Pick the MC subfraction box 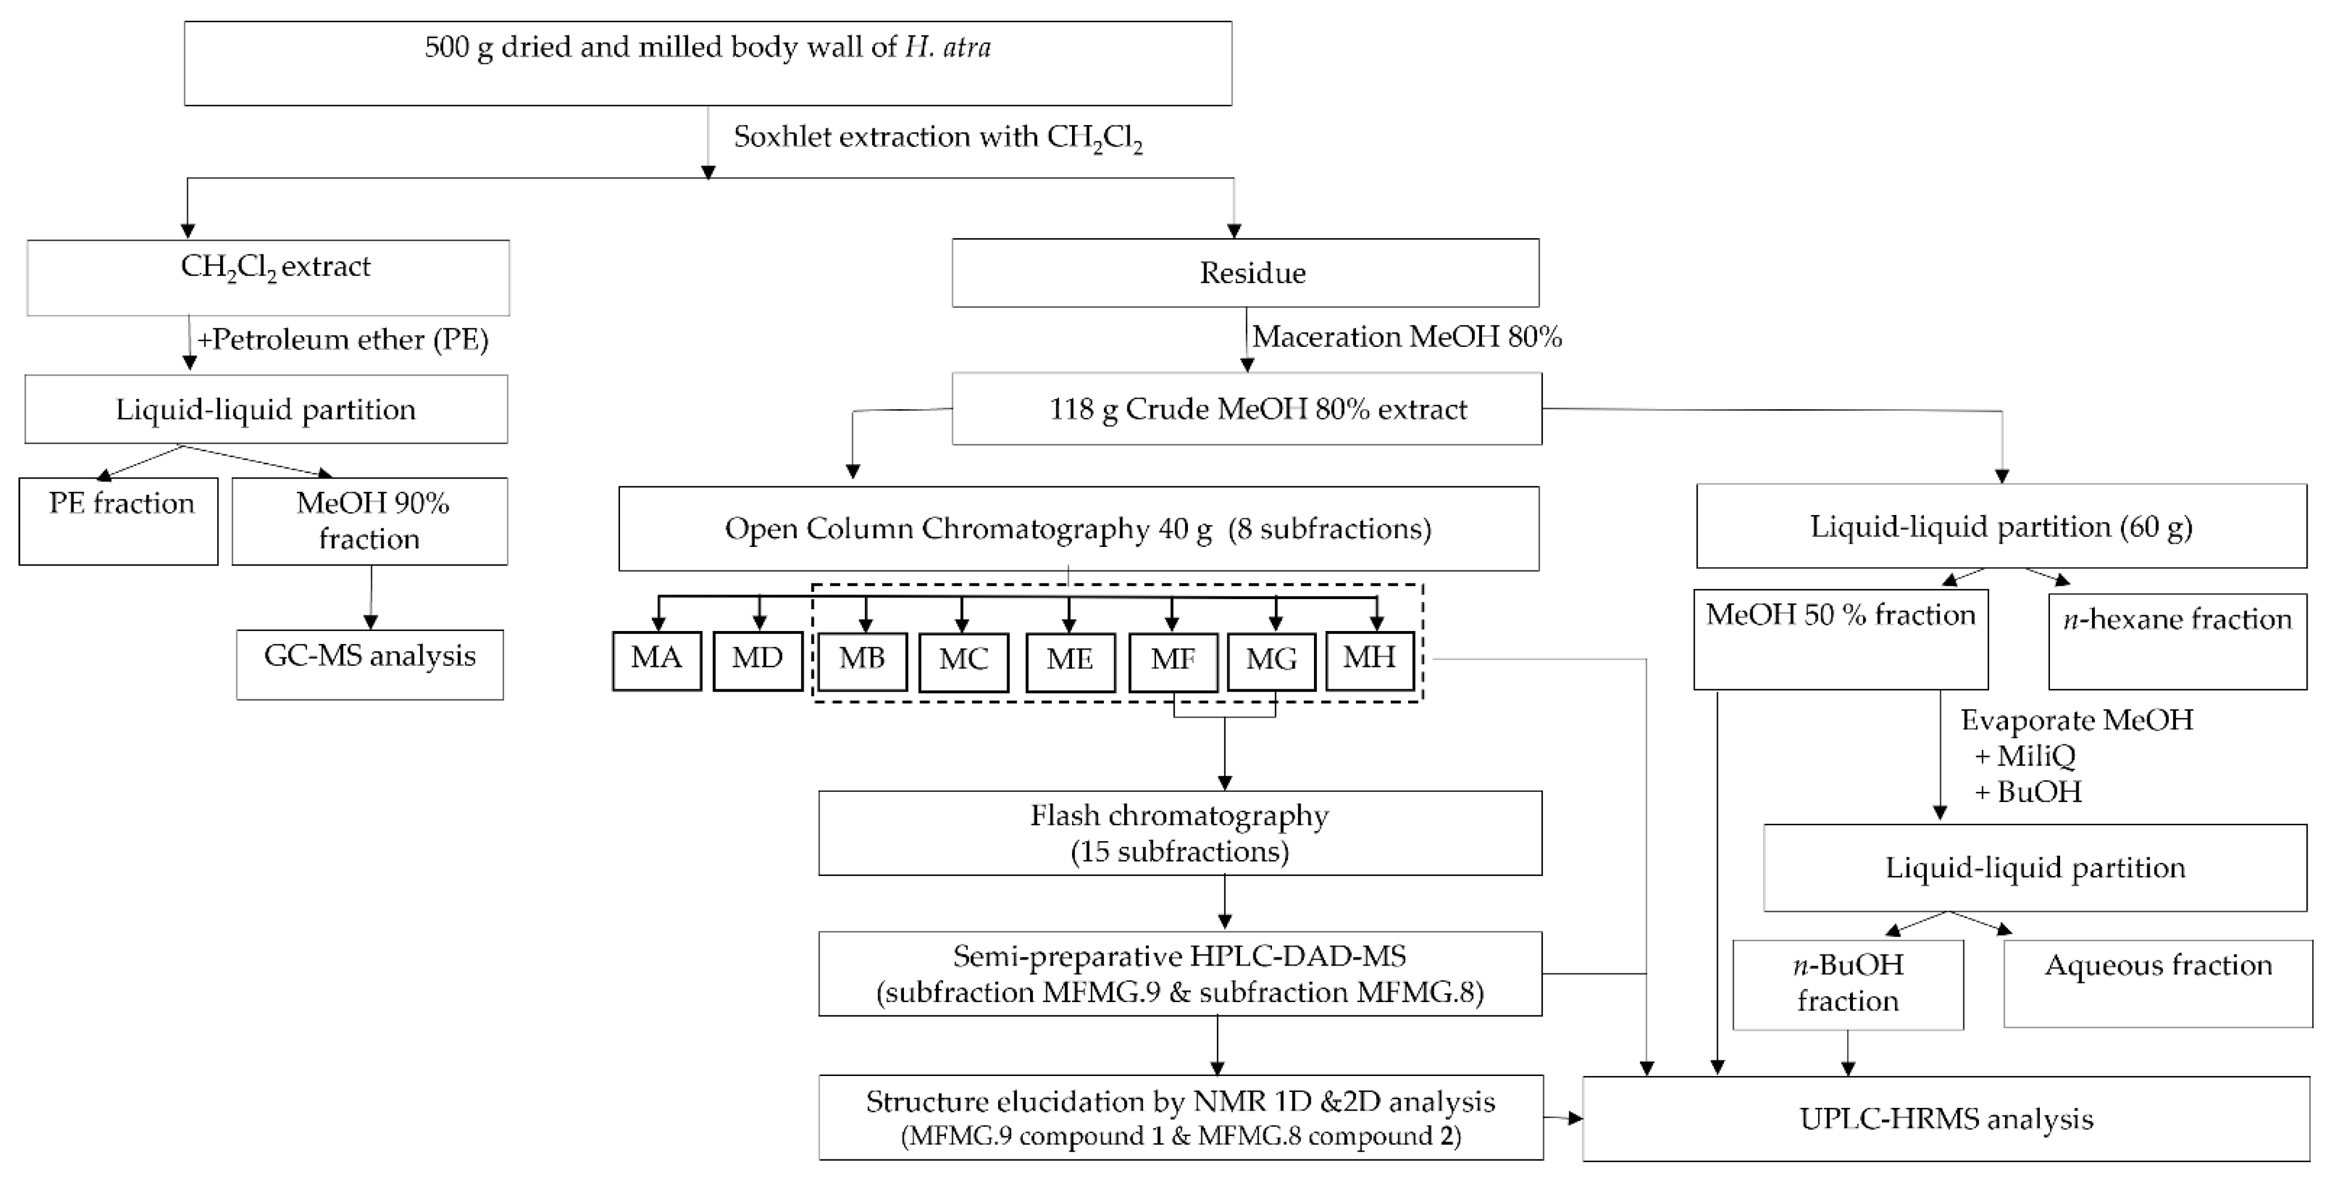(963, 661)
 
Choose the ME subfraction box (1070, 661)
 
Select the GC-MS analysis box (370, 664)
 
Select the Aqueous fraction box (2157, 982)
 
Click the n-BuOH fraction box (1848, 985)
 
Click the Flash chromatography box (1180, 832)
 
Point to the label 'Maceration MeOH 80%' (1406, 337)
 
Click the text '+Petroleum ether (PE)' (343, 339)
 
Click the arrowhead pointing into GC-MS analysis (370, 623)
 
